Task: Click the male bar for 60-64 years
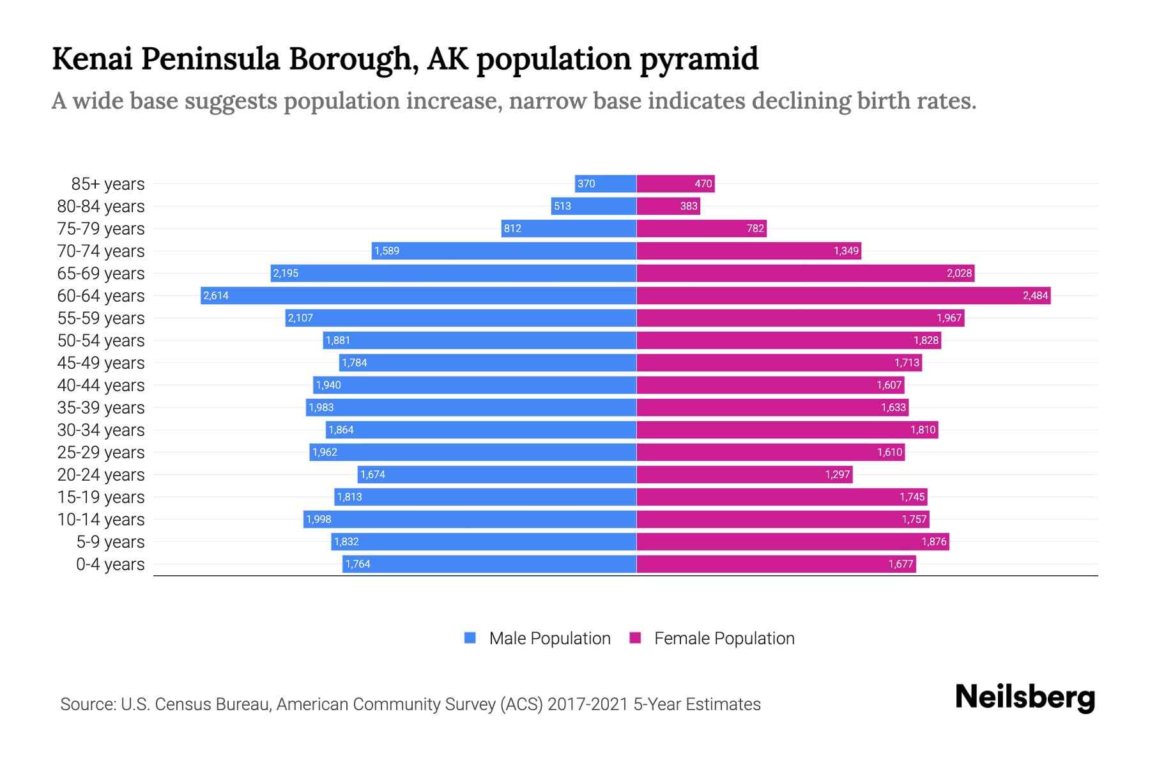(418, 295)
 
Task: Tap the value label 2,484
(1035, 295)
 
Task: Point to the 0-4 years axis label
(110, 564)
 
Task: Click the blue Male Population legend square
(470, 638)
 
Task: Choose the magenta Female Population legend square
(635, 638)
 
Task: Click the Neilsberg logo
(1025, 697)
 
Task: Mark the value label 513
(562, 206)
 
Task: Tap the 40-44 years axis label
(101, 385)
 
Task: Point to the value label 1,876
(933, 542)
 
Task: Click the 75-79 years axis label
(101, 229)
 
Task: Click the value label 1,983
(321, 408)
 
